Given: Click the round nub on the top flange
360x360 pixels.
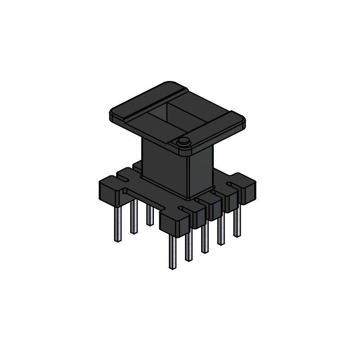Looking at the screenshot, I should pos(183,142).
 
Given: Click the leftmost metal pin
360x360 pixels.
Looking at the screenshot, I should pos(117,223).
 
